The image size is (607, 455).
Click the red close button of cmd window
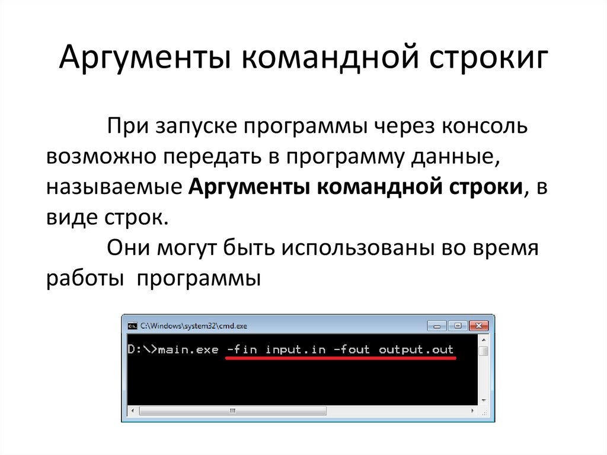pyautogui.click(x=479, y=326)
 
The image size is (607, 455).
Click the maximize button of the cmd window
pyautogui.click(x=457, y=326)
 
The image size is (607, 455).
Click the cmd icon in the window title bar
pyautogui.click(x=132, y=326)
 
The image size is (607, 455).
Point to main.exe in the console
pyautogui.click(x=189, y=349)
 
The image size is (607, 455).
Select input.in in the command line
pyautogui.click(x=295, y=349)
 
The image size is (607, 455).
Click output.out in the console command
pyautogui.click(x=416, y=349)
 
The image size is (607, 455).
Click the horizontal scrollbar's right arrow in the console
pyautogui.click(x=473, y=410)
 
